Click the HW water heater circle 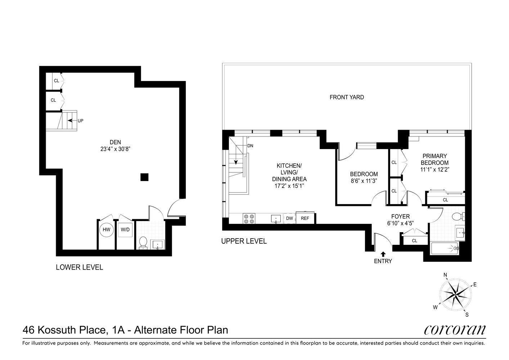[x=106, y=230]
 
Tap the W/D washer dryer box [x=125, y=230]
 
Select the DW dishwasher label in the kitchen [x=289, y=218]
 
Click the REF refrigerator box [x=305, y=218]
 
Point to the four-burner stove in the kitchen [x=249, y=219]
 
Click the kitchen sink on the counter [x=276, y=219]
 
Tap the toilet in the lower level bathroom [x=143, y=243]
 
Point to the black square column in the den [x=144, y=177]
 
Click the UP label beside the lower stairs [x=80, y=121]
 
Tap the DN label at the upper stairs [x=251, y=146]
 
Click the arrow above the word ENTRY [x=383, y=254]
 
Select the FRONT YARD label [x=347, y=97]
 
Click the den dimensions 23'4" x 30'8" [x=115, y=148]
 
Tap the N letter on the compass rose [x=445, y=275]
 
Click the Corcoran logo [x=454, y=330]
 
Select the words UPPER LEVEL [x=244, y=241]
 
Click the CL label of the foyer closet [x=414, y=240]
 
